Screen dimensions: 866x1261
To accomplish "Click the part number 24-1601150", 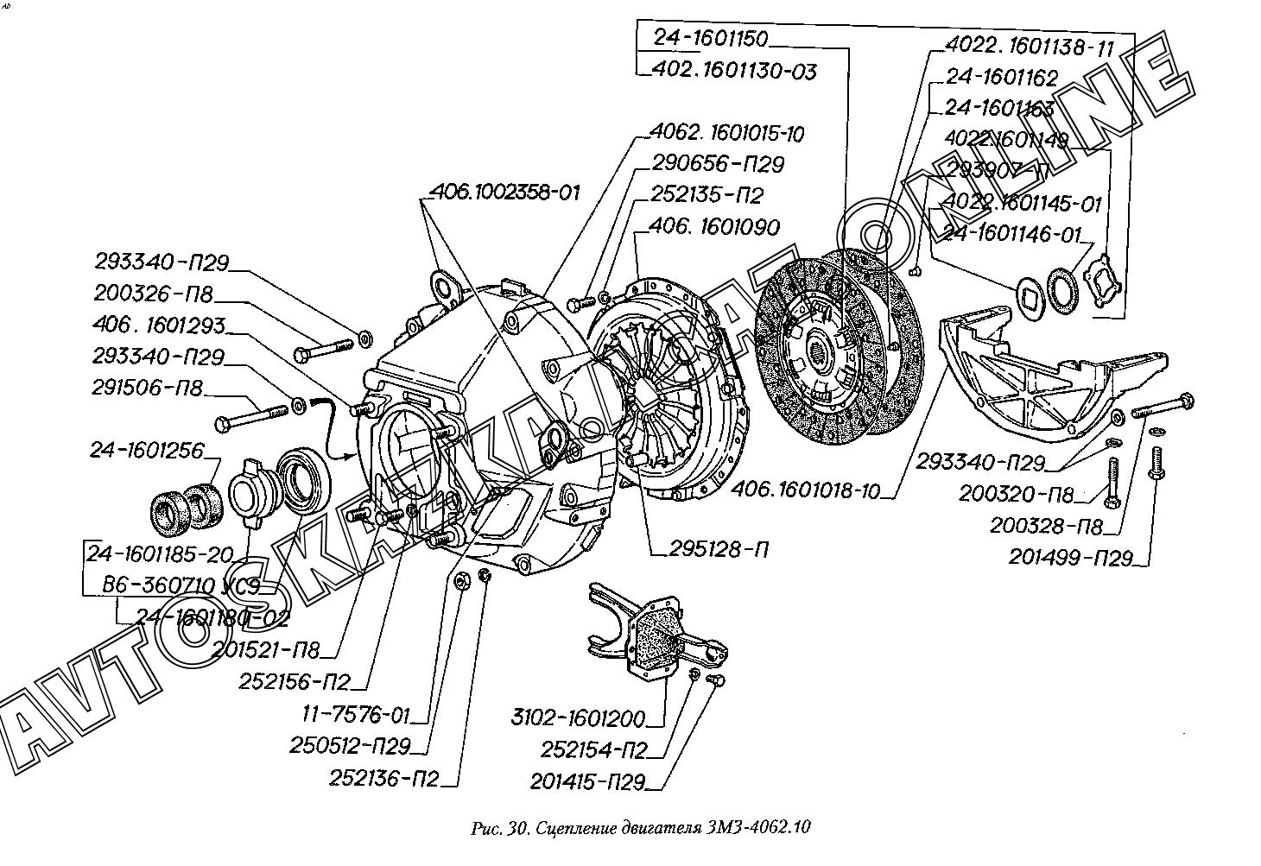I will [x=710, y=39].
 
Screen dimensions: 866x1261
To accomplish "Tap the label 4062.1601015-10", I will [x=727, y=135].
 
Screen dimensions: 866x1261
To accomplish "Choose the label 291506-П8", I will [x=149, y=389].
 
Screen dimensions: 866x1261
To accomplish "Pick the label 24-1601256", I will [x=146, y=451].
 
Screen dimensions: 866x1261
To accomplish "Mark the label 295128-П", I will [x=718, y=549].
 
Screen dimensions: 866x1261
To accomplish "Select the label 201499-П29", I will [x=1070, y=558].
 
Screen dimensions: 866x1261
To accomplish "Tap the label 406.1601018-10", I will [x=805, y=491].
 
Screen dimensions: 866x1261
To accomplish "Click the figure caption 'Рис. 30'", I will [x=499, y=829].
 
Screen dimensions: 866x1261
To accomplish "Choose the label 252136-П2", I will [x=383, y=779].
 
